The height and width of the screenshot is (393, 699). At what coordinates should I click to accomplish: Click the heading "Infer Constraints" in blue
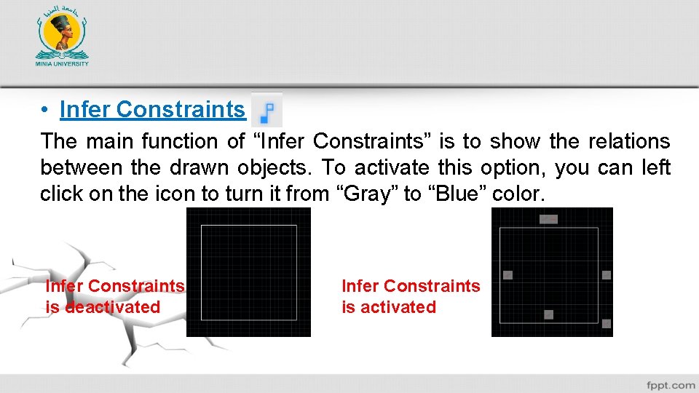pos(152,109)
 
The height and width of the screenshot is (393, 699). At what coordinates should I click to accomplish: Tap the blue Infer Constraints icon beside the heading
pos(267,111)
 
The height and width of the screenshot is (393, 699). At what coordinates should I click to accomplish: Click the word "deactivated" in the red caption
pos(113,307)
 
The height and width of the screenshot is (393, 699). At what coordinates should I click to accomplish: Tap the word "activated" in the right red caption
pos(399,307)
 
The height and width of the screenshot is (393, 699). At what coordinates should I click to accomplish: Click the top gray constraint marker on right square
pos(548,218)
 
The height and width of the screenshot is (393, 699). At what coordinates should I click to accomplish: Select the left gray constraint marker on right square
pos(508,274)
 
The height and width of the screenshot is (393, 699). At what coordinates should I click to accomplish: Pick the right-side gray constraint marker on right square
pos(607,274)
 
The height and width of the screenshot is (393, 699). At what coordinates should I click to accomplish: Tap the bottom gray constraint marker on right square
pos(549,314)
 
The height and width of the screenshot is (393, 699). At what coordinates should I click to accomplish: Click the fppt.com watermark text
pos(670,384)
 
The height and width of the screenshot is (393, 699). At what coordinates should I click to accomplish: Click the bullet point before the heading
pos(45,110)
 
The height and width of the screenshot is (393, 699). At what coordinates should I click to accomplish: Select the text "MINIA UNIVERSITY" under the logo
pos(62,63)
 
